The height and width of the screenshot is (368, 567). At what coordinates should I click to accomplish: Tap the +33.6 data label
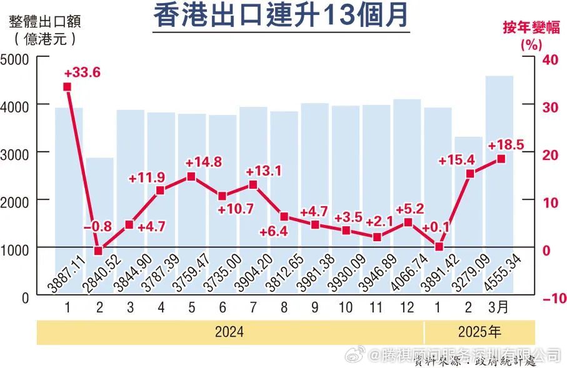coord(82,72)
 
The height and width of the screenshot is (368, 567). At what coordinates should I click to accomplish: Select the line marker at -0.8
coord(98,251)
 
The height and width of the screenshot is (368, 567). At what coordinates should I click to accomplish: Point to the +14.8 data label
coord(204,162)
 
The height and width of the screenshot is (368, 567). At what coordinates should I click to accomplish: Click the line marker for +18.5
coord(501,159)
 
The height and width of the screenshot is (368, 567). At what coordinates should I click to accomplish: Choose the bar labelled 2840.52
coord(100,225)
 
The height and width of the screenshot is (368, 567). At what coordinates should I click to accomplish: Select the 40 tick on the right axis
coord(549,59)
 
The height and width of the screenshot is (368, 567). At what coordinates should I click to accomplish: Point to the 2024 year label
coord(229,332)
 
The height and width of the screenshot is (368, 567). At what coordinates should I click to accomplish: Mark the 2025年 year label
coord(479,332)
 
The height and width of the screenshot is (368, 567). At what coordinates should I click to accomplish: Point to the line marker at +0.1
coord(439,247)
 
